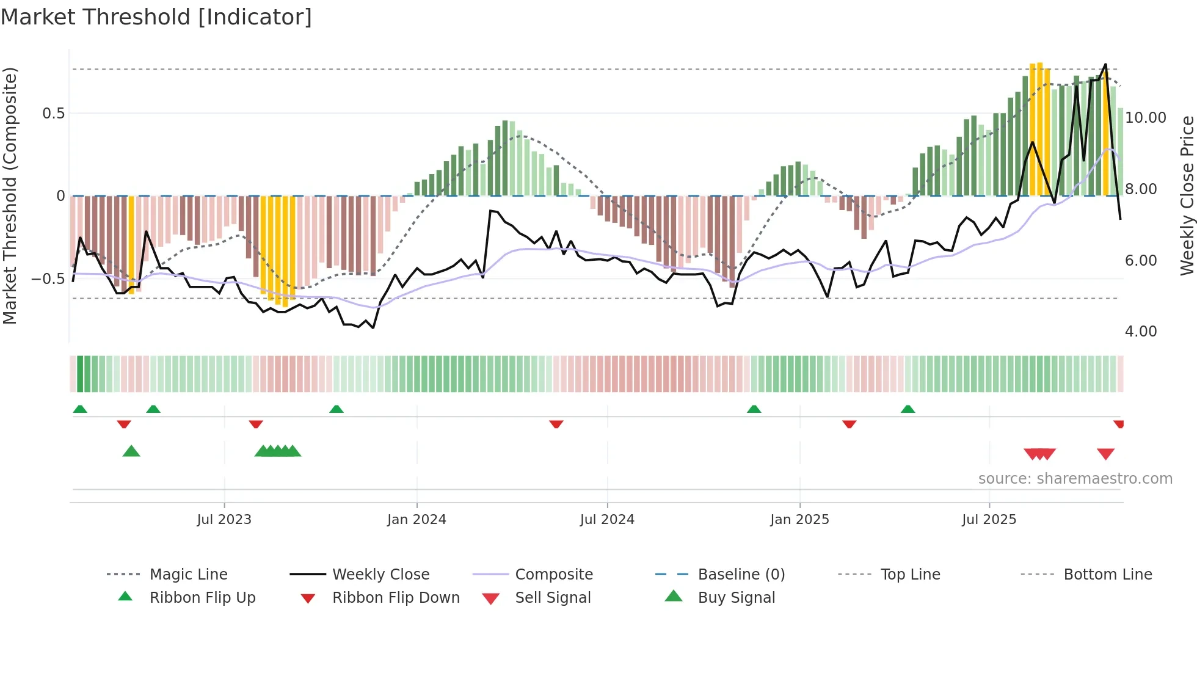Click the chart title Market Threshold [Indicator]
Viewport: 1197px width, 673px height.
point(156,17)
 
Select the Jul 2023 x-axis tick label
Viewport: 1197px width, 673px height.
point(224,519)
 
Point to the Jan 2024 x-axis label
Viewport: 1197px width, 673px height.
point(417,519)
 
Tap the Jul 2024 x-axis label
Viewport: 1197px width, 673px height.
point(607,519)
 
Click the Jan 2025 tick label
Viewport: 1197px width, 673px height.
point(799,519)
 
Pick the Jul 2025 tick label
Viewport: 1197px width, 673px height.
point(989,519)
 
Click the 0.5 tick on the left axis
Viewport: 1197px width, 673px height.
point(54,114)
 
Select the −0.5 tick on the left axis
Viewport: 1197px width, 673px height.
point(48,279)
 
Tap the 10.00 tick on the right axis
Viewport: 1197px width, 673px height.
point(1145,118)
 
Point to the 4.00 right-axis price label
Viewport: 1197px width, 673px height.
point(1141,332)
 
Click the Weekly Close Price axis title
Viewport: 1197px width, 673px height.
point(1187,195)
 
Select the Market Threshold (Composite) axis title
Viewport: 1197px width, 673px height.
point(10,195)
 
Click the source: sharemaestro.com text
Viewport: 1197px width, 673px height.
point(1075,479)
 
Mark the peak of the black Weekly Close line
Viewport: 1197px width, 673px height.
point(1105,64)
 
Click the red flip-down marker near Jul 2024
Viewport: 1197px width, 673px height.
point(556,424)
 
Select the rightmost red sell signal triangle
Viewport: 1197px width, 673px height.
point(1105,454)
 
